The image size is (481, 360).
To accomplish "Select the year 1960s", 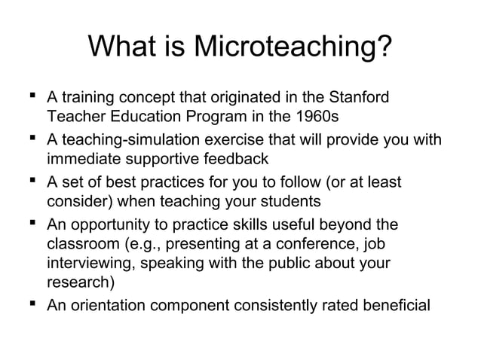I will tap(318, 119).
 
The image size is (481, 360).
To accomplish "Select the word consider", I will tap(80, 203).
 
